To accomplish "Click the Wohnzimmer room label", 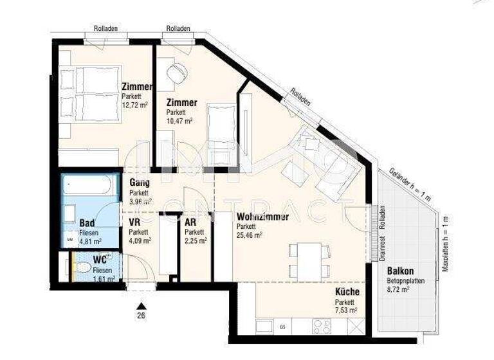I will coord(262,217).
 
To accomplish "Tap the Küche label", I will coord(347,292).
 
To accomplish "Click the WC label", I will coord(100,260).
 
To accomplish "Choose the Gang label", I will coord(140,183).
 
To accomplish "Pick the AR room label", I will coord(190,222).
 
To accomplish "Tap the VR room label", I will coord(135,222).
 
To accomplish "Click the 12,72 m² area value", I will coord(136,104).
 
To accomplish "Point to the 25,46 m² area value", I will coord(250,235).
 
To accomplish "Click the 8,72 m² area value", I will coord(398,290).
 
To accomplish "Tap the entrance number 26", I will coord(140,315).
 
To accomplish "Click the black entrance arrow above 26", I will coord(140,305).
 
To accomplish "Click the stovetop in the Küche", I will coord(322,326).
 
